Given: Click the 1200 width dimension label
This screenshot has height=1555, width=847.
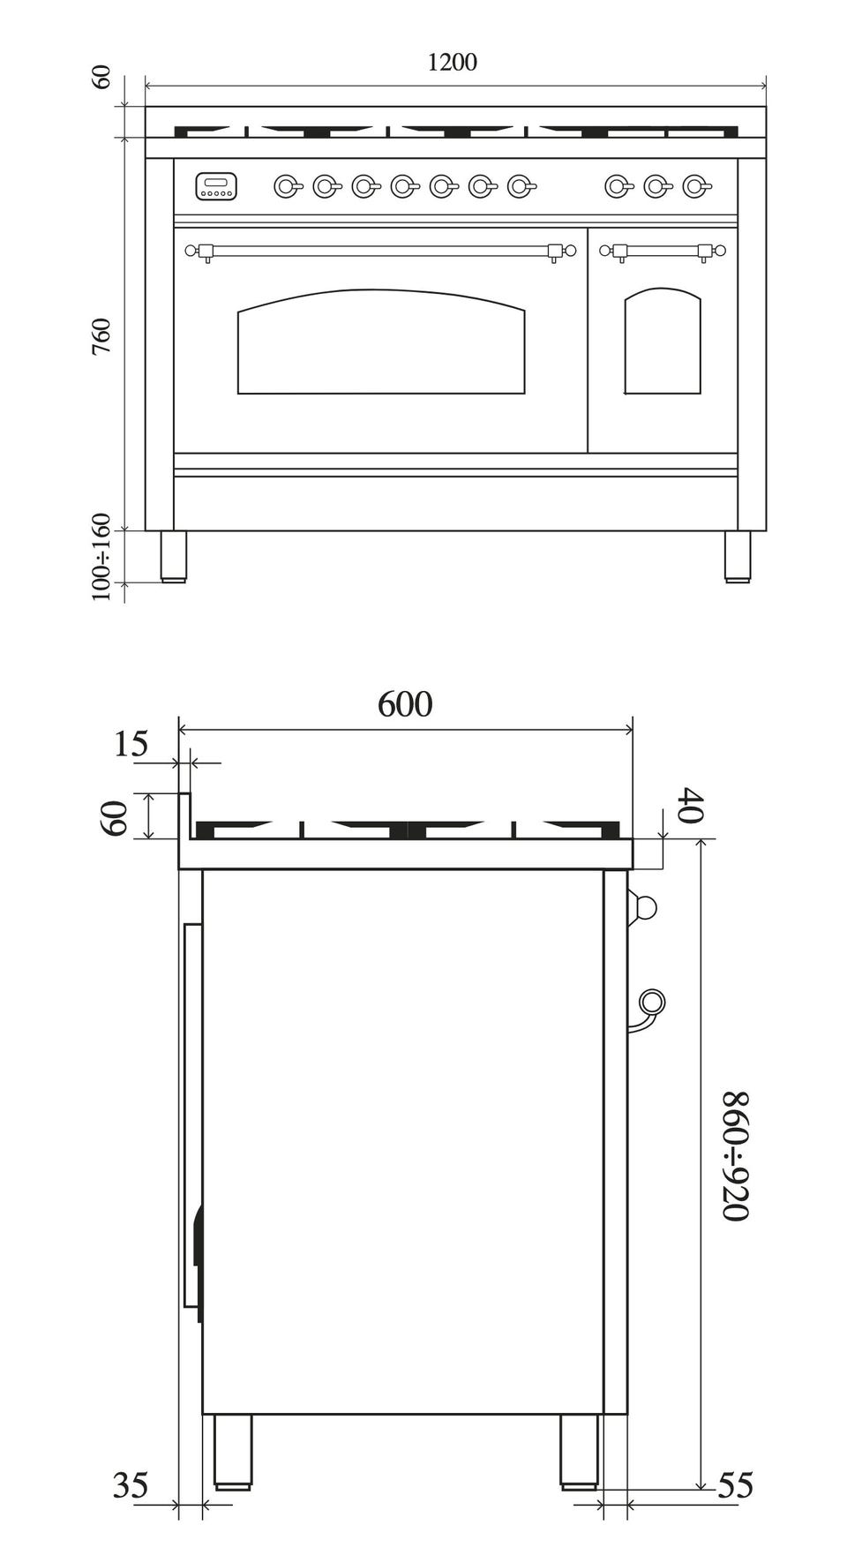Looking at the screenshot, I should [452, 63].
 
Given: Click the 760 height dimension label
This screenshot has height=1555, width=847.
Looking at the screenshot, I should [102, 336].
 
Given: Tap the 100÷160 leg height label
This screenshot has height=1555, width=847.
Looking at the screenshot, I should [102, 558].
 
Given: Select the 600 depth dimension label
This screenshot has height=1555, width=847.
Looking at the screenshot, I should [405, 705].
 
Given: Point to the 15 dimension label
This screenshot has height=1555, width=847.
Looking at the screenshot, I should [131, 745].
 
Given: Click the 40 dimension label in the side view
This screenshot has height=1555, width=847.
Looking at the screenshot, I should [691, 807].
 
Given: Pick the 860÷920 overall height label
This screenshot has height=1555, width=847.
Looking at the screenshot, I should [736, 1156].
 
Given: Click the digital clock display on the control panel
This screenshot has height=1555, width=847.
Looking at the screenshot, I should [216, 186].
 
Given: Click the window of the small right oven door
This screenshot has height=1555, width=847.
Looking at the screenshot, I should [663, 342].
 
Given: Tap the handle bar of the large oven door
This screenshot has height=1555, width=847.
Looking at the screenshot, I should [379, 251].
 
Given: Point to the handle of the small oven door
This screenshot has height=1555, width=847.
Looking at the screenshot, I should [663, 251].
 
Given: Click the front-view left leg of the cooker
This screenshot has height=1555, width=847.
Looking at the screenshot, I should [174, 555].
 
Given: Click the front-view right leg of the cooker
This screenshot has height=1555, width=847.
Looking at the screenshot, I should [737, 555].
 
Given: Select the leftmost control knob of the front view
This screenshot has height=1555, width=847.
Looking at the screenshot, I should [285, 186].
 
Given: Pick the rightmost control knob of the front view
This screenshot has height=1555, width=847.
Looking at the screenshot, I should [696, 186].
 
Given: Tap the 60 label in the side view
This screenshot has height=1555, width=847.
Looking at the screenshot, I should [116, 816].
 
